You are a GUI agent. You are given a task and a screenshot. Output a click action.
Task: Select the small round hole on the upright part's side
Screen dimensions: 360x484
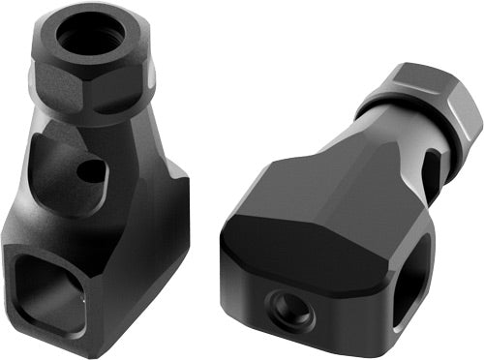tap(90, 172)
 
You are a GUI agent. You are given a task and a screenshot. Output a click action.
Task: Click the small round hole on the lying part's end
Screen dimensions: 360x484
tap(290, 309)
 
